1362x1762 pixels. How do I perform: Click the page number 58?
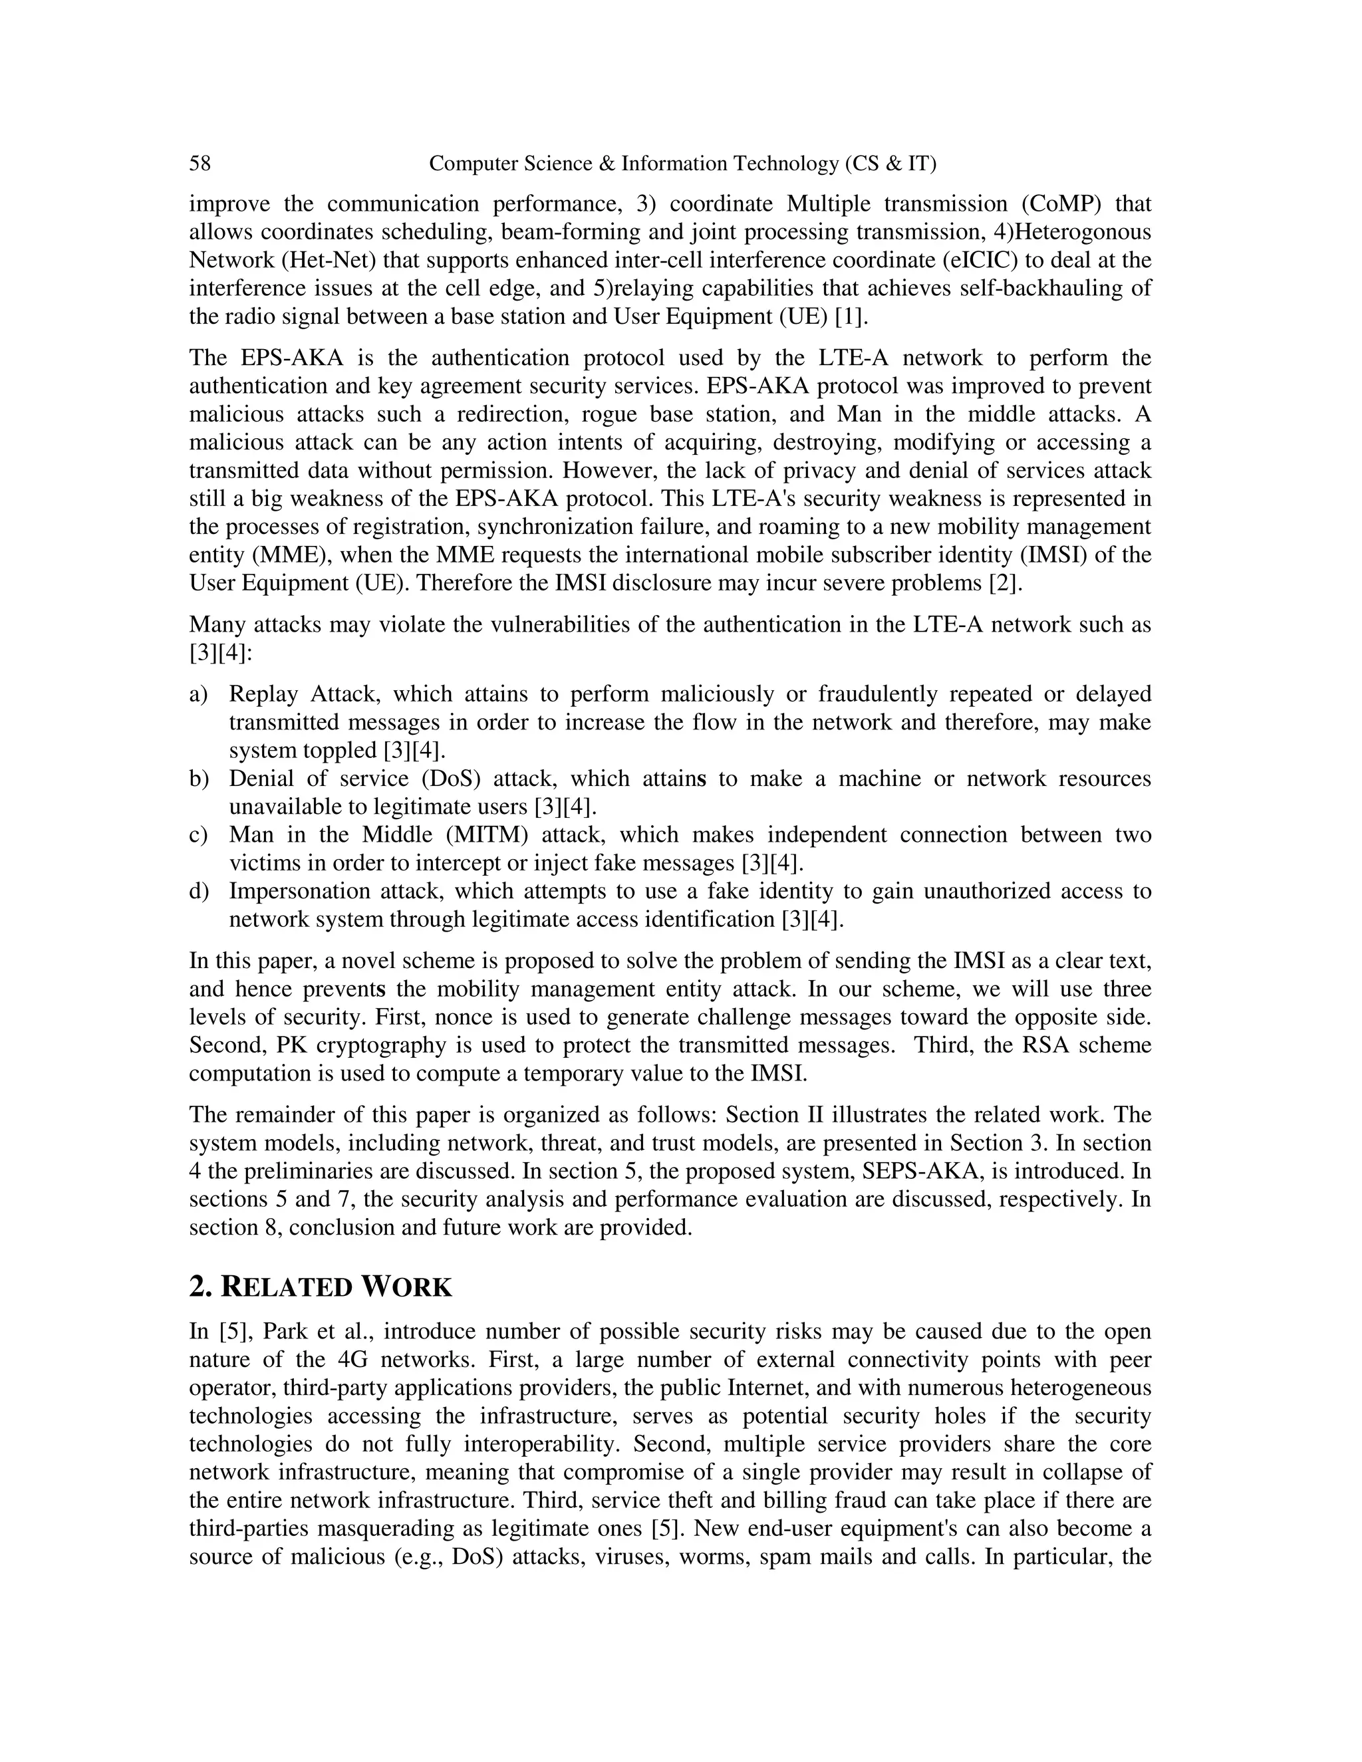click(x=200, y=164)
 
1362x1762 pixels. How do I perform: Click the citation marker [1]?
click(x=851, y=316)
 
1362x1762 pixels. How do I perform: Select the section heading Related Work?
click(x=321, y=1287)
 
